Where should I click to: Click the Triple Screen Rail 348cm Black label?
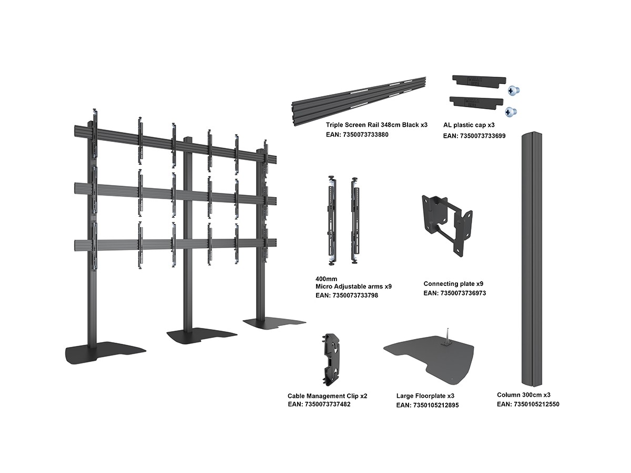[x=376, y=125]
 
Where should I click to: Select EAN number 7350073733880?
[x=357, y=135]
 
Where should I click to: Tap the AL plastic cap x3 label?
[x=469, y=125]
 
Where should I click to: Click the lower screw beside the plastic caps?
[x=511, y=111]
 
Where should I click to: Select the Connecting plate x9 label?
[x=453, y=284]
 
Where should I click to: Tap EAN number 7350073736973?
[x=454, y=293]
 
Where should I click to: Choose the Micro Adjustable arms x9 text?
[x=353, y=286]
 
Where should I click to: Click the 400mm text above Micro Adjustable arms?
[x=326, y=279]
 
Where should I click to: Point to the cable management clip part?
[x=333, y=358]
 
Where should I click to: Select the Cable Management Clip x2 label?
[x=327, y=396]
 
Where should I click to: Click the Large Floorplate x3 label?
[x=425, y=396]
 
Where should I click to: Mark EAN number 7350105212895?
[x=428, y=405]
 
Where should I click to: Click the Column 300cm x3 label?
[x=524, y=395]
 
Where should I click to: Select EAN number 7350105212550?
[x=528, y=404]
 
